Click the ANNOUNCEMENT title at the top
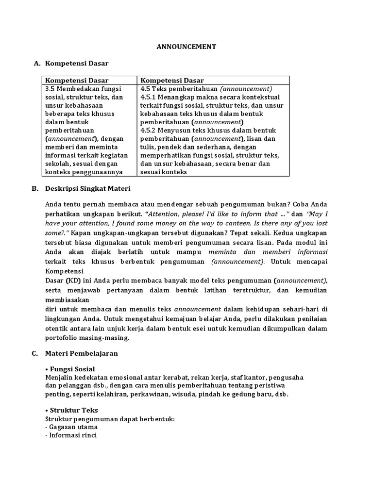[186, 47]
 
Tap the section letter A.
[35, 64]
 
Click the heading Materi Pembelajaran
[81, 354]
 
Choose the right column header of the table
[172, 81]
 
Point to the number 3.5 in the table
[51, 89]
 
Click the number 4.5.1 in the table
[149, 98]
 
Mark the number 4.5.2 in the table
[149, 131]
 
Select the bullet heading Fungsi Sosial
[72, 369]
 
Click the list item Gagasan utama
[73, 427]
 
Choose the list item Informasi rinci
[73, 435]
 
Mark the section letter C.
[35, 354]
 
